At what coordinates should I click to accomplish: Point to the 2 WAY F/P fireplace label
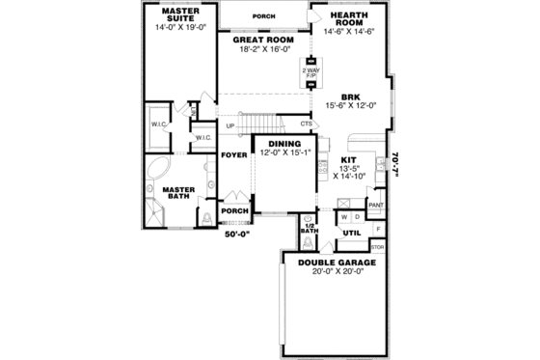311,71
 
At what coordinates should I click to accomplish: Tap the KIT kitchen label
349,159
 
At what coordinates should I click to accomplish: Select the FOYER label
231,154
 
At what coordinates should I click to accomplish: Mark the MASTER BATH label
177,193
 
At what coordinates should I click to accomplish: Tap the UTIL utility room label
351,233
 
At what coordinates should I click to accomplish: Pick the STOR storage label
377,247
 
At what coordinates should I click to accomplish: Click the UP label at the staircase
229,126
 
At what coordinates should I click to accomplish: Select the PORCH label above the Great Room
263,15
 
